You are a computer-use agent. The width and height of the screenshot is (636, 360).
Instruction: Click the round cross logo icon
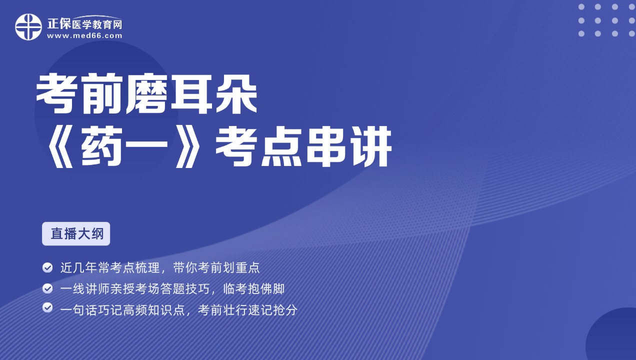coord(28,27)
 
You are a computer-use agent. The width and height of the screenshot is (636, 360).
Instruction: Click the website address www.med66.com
coord(84,36)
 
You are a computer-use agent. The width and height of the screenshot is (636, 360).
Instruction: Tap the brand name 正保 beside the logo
coord(59,24)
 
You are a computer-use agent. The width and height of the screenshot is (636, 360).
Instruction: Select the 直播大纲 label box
coord(76,233)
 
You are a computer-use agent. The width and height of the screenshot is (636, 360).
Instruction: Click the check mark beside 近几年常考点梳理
coord(47,267)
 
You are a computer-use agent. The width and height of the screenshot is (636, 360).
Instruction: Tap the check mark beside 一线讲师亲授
coord(47,288)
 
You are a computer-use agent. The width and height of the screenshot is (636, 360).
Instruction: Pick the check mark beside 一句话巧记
coord(47,307)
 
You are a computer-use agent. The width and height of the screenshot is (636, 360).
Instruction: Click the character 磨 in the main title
coord(146,93)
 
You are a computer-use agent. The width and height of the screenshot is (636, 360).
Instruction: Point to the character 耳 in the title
coord(191,93)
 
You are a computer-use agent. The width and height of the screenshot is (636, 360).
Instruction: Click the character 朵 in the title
coord(236,93)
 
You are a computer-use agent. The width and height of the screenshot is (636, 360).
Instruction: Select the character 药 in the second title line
coord(102,146)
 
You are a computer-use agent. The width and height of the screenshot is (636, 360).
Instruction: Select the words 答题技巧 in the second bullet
coord(185,288)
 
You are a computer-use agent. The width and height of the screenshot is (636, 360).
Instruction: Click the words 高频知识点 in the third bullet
coord(154,309)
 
